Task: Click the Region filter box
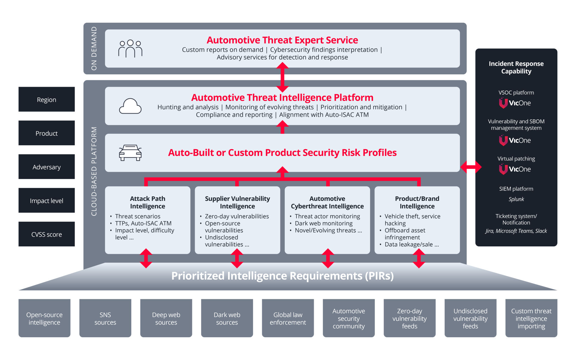(x=46, y=99)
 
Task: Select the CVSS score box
(x=46, y=234)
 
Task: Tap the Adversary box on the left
(x=46, y=167)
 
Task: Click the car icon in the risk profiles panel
(x=130, y=153)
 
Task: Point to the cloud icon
(x=130, y=106)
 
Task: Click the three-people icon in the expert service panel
(x=130, y=48)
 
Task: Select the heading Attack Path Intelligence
(x=147, y=202)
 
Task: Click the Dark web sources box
(x=227, y=318)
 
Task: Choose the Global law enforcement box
(x=288, y=318)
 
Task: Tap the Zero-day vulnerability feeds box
(x=409, y=318)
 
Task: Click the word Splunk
(x=516, y=199)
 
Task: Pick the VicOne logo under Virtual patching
(x=515, y=169)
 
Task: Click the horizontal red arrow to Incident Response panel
(x=471, y=167)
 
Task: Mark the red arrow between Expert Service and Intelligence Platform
(x=282, y=77)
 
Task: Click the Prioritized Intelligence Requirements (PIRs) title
(x=282, y=276)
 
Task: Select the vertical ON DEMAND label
(x=94, y=48)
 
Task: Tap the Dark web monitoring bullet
(x=323, y=223)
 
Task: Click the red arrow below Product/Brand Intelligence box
(x=419, y=258)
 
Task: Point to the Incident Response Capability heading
(x=516, y=67)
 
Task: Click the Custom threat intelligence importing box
(x=531, y=318)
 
